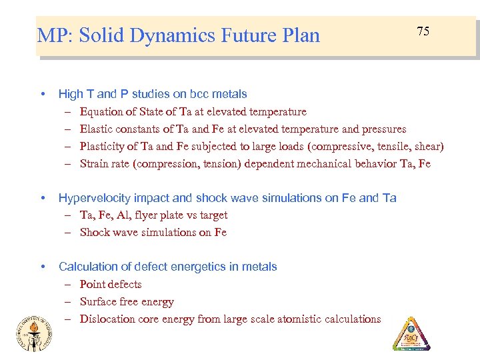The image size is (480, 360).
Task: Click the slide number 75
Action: click(423, 31)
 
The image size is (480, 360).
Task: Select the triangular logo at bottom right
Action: click(411, 333)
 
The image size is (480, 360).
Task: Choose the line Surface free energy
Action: click(127, 301)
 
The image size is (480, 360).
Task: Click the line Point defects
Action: click(111, 284)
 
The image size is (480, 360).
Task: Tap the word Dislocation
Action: click(105, 319)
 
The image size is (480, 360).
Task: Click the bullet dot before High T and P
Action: click(43, 94)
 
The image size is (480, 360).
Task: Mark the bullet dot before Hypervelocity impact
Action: click(43, 198)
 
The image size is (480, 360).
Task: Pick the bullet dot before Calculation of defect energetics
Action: click(43, 267)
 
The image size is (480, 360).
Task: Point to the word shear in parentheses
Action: click(427, 146)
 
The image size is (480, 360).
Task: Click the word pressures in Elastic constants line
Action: click(383, 129)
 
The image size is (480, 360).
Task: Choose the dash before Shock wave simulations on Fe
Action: click(69, 232)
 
